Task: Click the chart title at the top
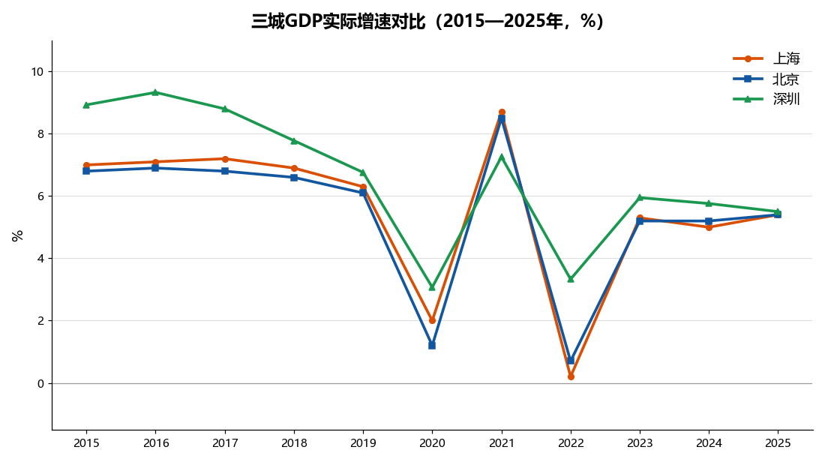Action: [427, 22]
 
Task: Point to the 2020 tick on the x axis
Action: [432, 443]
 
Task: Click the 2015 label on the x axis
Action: [86, 443]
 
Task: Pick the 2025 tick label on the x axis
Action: [778, 443]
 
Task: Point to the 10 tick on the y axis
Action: [38, 71]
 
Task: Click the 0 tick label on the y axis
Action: [41, 383]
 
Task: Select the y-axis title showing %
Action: [17, 235]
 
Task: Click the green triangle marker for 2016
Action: [155, 92]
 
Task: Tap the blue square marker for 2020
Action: [432, 346]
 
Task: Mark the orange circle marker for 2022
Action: [571, 376]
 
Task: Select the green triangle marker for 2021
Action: [502, 156]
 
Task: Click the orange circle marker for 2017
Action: [225, 159]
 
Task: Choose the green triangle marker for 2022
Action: [571, 280]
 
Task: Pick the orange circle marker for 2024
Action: [709, 227]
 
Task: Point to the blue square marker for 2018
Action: [293, 177]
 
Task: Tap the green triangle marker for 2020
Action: [432, 287]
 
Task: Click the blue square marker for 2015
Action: [86, 171]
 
